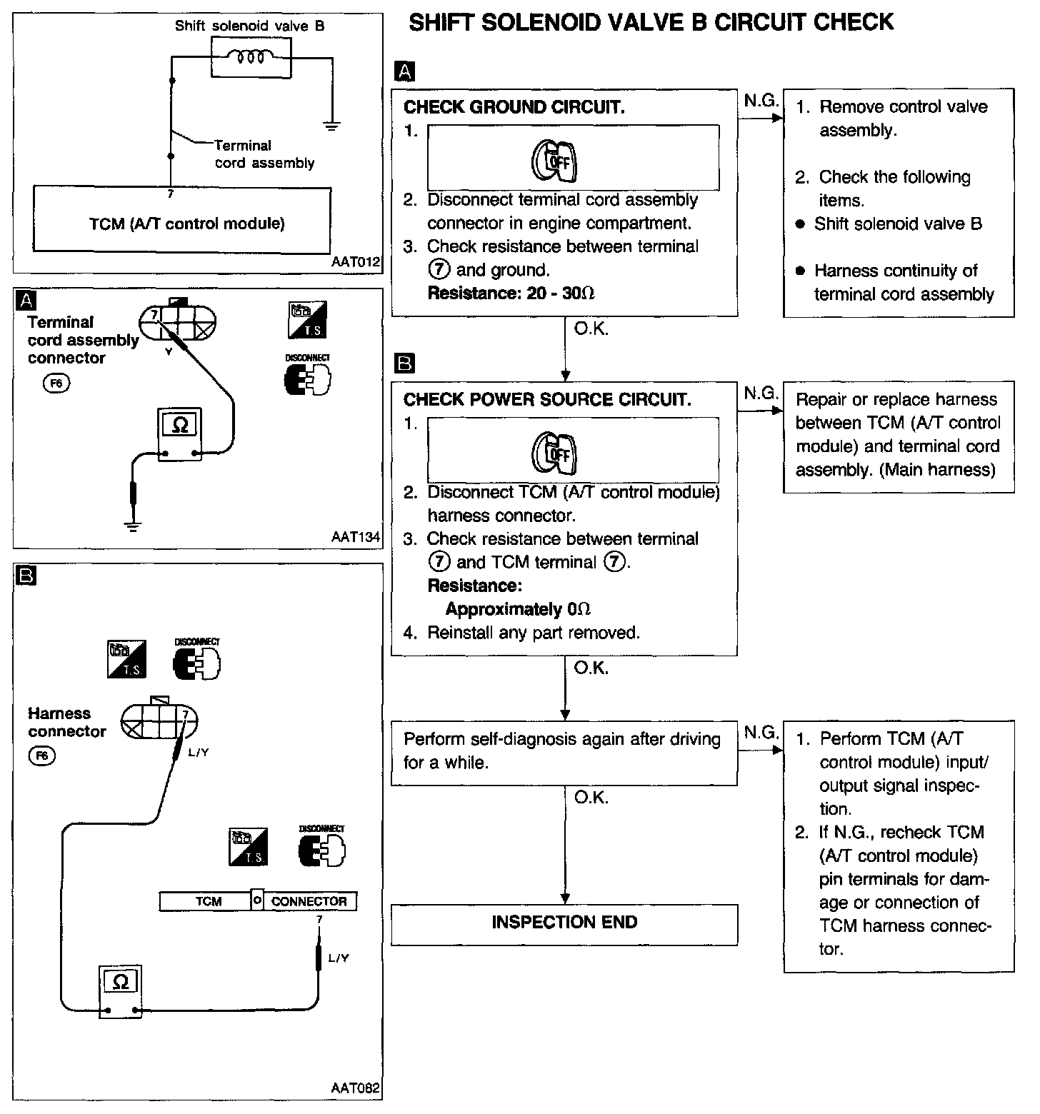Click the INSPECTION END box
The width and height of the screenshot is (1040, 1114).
pyautogui.click(x=564, y=923)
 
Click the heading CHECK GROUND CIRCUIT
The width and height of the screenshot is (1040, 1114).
pyautogui.click(x=514, y=107)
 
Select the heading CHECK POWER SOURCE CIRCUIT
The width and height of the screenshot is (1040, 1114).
pyautogui.click(x=547, y=400)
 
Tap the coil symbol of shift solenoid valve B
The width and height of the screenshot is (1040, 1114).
pyautogui.click(x=251, y=56)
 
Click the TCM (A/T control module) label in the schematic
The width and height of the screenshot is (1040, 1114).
pyautogui.click(x=186, y=224)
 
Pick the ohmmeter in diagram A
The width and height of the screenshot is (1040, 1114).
pyautogui.click(x=180, y=435)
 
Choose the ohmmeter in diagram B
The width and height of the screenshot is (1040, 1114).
pyautogui.click(x=121, y=991)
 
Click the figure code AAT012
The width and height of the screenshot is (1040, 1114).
pyautogui.click(x=355, y=263)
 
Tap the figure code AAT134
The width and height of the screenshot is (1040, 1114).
pyautogui.click(x=355, y=537)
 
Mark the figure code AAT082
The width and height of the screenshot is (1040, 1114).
pyautogui.click(x=355, y=1089)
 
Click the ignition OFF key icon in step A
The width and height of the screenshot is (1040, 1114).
pyautogui.click(x=555, y=160)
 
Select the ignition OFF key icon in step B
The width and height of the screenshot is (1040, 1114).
pyautogui.click(x=555, y=451)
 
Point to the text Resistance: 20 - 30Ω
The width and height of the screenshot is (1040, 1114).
pyautogui.click(x=511, y=293)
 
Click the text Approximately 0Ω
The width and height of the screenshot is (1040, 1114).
pyautogui.click(x=518, y=609)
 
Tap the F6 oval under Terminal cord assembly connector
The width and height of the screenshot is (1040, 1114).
pyautogui.click(x=57, y=383)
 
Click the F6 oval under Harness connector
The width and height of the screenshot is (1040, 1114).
pyautogui.click(x=41, y=756)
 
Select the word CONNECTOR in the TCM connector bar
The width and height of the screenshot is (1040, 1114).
pyautogui.click(x=309, y=901)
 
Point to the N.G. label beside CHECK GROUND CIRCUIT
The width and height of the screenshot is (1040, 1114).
pyautogui.click(x=761, y=101)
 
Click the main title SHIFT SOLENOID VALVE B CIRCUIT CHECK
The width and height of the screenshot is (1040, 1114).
pyautogui.click(x=651, y=22)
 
